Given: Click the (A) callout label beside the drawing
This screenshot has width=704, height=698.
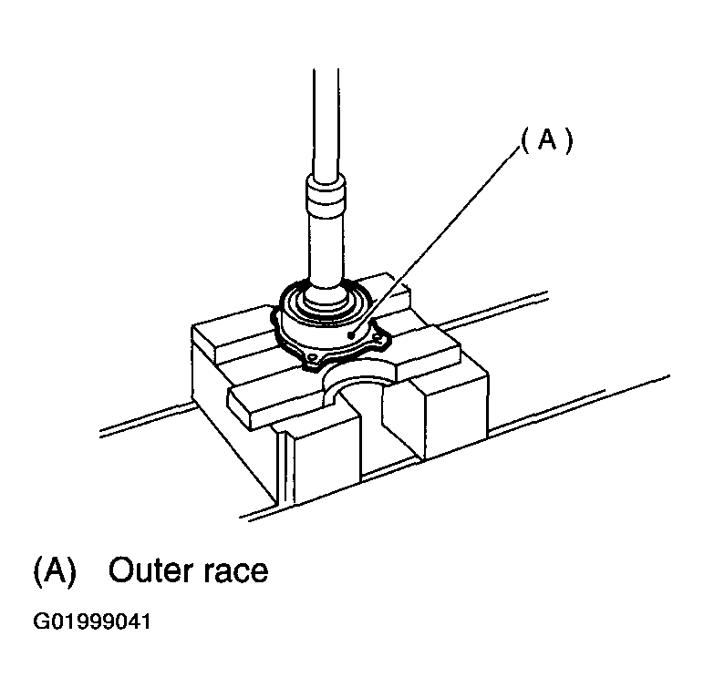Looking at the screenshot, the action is [546, 140].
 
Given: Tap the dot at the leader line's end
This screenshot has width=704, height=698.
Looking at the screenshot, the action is [351, 334].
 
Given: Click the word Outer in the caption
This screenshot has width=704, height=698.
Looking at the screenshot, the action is [150, 570].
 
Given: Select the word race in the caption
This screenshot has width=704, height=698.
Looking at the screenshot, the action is [235, 573].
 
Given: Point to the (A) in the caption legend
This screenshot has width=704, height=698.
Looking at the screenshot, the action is [56, 571].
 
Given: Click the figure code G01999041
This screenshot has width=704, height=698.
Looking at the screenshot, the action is [92, 622].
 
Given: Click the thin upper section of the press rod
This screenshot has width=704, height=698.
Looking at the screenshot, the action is [326, 121].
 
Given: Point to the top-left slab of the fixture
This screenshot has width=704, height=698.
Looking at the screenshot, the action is [233, 332].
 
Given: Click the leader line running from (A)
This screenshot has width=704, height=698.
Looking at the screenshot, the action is [435, 241].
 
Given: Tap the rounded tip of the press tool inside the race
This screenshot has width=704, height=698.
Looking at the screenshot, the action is [326, 298].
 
